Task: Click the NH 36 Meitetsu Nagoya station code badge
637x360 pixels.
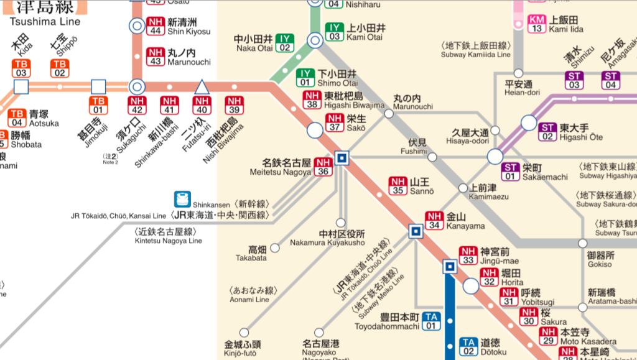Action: [x=323, y=167]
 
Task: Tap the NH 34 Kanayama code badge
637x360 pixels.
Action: [x=434, y=220]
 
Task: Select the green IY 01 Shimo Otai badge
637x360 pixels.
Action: [x=305, y=78]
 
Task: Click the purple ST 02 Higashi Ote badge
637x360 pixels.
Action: [x=548, y=132]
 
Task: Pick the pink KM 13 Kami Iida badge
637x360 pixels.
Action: [x=537, y=24]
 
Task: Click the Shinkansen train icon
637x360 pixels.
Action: [x=182, y=199]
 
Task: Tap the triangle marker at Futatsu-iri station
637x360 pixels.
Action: [x=201, y=86]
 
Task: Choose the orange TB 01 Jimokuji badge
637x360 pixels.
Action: [x=98, y=105]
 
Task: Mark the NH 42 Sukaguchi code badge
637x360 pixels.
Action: [x=137, y=105]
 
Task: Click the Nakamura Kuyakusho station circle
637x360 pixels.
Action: [x=340, y=223]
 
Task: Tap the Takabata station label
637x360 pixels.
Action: [x=257, y=253]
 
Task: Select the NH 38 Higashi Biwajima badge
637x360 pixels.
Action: [x=312, y=100]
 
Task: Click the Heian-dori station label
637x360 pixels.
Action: [x=518, y=88]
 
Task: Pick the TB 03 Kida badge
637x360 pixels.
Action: [x=21, y=68]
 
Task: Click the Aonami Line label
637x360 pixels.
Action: [x=249, y=295]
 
